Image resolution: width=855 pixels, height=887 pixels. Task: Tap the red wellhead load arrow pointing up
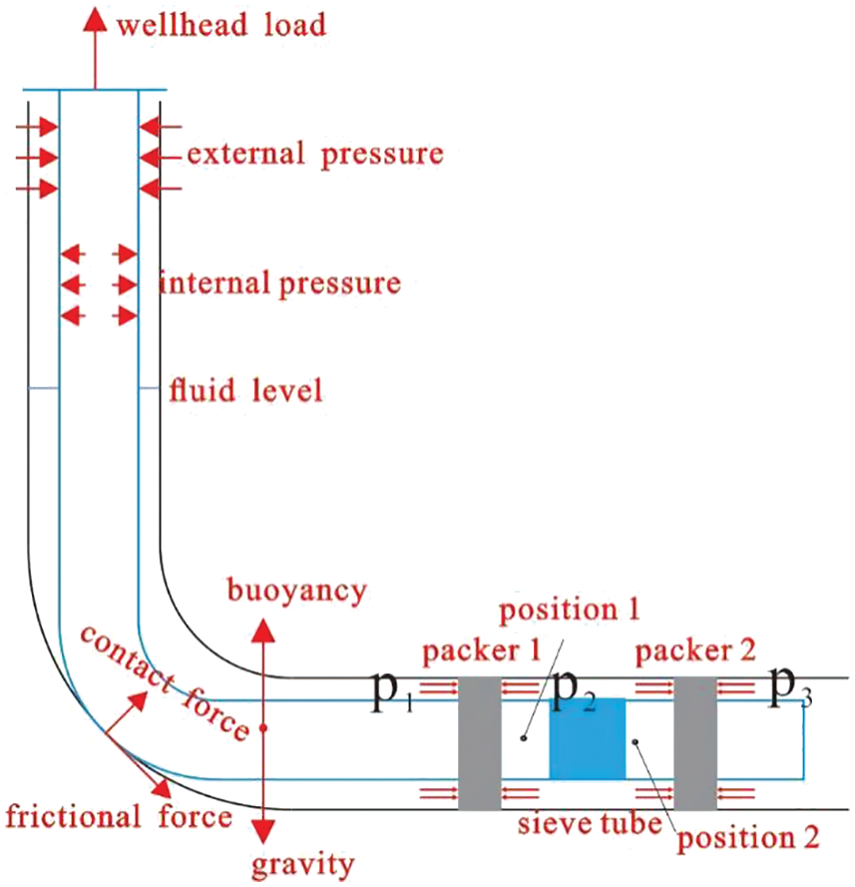point(96,45)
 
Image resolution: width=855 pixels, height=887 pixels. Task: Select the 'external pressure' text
point(314,155)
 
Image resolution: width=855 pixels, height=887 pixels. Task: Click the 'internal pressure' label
point(279,283)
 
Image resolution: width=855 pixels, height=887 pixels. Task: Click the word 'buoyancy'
point(296,592)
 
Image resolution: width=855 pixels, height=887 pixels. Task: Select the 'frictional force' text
point(119,818)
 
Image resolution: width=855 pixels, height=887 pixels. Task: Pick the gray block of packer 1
point(478,743)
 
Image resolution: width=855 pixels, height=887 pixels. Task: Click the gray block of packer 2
point(695,743)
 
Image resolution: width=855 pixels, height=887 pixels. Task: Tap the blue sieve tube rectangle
point(587,738)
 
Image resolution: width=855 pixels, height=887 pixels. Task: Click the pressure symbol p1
point(392,694)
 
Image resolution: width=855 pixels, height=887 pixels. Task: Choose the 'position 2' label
point(748,837)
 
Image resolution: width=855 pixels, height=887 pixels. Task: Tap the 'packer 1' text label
point(480,654)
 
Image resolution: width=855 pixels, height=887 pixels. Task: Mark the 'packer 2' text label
point(695,654)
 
